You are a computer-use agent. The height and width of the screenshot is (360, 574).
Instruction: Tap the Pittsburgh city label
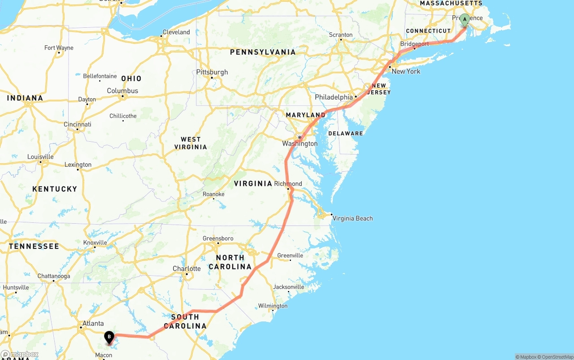coord(212,72)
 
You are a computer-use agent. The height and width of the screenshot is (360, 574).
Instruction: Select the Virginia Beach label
coord(352,218)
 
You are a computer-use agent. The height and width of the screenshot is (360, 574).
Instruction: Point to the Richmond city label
coord(288,184)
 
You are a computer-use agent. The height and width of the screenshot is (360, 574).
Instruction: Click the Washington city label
coord(300,143)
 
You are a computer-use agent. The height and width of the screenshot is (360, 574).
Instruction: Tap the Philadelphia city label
coord(334,97)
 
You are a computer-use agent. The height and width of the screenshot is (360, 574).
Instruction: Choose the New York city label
coord(406,71)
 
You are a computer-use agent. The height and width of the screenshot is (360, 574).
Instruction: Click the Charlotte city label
coord(187,269)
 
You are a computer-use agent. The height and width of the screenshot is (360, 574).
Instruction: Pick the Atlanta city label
coord(93,323)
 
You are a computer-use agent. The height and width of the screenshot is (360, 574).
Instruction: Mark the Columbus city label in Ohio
coord(122,91)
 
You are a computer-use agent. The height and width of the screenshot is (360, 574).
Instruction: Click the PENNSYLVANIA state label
coord(263,52)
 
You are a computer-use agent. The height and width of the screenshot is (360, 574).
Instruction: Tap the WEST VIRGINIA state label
coord(191,143)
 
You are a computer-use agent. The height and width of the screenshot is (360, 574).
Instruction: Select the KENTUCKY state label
coord(55,189)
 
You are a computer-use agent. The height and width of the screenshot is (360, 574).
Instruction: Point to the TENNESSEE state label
coord(34,246)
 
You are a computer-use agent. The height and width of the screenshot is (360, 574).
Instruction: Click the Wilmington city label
coord(273,306)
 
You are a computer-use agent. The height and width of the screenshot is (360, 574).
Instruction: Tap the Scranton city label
coord(341,35)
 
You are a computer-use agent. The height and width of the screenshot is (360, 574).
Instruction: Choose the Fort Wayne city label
coord(59,48)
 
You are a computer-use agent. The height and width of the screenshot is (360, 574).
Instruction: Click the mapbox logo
coord(19,355)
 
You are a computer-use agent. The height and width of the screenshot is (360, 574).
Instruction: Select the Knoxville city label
coord(95,243)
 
